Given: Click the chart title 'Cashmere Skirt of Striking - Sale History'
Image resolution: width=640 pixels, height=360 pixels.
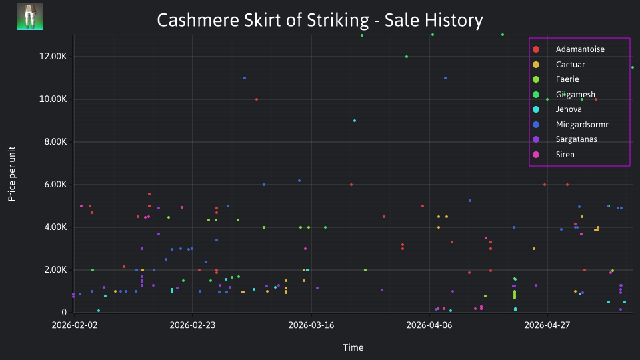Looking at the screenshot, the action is point(320,20).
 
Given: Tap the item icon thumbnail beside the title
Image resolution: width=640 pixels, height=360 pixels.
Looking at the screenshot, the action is point(30,17).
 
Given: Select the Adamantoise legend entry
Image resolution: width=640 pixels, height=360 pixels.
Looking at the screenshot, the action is point(569,49).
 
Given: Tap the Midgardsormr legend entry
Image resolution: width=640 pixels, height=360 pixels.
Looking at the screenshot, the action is point(570,125).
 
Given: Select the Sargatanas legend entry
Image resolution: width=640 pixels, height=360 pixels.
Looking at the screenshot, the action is point(565,139).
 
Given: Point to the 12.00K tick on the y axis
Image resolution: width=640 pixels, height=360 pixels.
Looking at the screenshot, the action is point(53,56).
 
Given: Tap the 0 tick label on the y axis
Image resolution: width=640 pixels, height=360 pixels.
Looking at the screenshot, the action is point(64,312).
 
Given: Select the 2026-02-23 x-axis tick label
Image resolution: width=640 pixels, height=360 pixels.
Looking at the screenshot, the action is point(193,325).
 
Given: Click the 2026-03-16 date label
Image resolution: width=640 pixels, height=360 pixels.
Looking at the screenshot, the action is point(311,325).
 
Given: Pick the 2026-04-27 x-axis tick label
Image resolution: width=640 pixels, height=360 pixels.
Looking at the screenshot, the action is point(547,325).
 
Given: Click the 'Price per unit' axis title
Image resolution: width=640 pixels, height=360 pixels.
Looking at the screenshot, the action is point(12,174).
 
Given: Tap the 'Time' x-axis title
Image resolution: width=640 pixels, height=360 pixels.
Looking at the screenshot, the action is point(353,347).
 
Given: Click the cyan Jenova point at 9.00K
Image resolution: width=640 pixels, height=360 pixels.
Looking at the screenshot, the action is point(355,121).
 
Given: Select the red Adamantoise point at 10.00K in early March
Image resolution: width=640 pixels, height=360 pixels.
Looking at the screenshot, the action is point(256,99).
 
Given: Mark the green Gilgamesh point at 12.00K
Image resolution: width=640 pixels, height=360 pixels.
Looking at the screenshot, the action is point(407,57).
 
